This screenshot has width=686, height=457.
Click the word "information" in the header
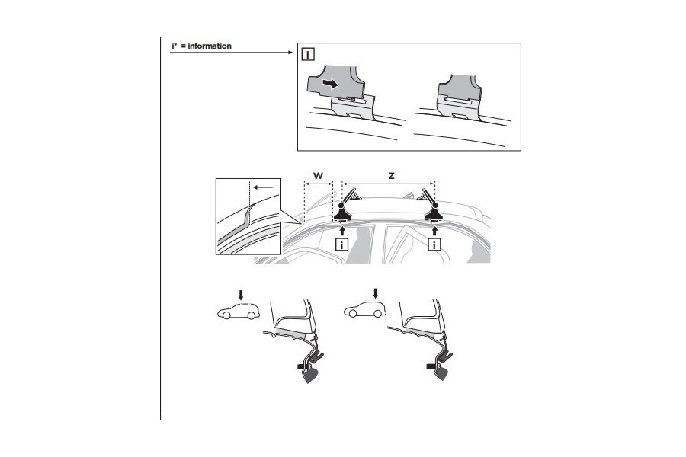210,46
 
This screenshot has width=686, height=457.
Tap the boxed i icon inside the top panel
307,55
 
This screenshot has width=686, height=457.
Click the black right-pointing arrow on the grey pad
331,83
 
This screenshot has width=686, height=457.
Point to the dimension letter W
318,176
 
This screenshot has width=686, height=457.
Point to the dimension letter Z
390,176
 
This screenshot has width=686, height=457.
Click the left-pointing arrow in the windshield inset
264,185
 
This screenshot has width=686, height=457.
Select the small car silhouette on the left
236,311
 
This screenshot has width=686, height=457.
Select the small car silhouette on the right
364,311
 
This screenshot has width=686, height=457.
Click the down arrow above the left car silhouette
241,293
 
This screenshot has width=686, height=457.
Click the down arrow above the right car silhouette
374,293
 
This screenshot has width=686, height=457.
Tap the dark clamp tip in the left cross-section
310,375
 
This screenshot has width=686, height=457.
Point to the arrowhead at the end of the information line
290,53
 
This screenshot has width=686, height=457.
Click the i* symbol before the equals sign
175,46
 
